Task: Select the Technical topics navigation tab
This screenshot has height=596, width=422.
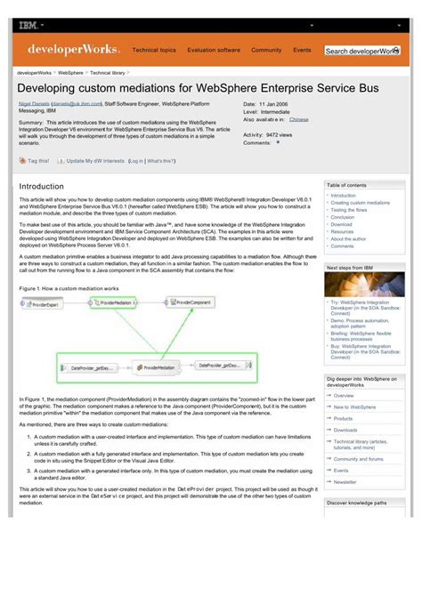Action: click(154, 51)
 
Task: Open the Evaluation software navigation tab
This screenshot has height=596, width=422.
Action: click(214, 51)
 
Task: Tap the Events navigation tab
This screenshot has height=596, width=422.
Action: click(303, 51)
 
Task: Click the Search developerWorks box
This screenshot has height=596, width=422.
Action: click(361, 52)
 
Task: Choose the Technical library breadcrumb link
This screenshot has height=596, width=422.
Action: click(108, 72)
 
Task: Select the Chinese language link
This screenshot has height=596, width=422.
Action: click(299, 118)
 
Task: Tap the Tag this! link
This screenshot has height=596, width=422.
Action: click(38, 161)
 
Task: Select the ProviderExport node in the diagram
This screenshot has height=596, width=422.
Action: click(45, 303)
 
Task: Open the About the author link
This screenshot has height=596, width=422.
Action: click(348, 238)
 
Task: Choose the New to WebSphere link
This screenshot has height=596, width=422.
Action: click(354, 407)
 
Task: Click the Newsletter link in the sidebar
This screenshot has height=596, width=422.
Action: click(345, 482)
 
